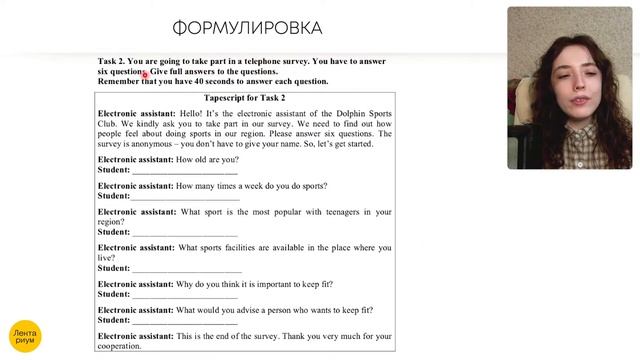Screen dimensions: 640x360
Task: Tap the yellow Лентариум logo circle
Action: (24, 333)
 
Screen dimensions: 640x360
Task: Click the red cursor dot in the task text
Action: (146, 74)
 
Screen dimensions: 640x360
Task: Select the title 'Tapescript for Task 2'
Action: (244, 97)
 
